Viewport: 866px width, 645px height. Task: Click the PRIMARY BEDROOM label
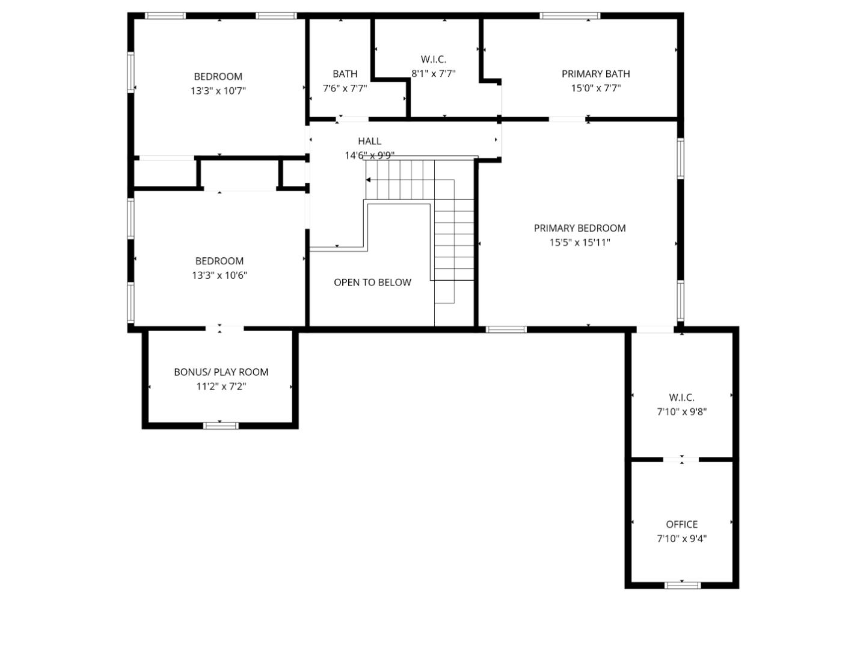[x=579, y=228]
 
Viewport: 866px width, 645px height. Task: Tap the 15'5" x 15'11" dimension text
[x=579, y=243]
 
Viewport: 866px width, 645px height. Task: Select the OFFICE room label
[x=681, y=524]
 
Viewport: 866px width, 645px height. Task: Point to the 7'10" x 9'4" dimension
[x=681, y=539]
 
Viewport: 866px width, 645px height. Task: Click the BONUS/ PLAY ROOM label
[x=221, y=372]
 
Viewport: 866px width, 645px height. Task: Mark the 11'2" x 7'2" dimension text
[x=221, y=387]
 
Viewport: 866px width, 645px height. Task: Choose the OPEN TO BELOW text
[x=372, y=283]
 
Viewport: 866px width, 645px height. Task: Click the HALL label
[x=369, y=141]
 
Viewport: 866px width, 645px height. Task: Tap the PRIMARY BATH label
[x=595, y=74]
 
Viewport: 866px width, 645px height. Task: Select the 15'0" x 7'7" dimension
[x=595, y=88]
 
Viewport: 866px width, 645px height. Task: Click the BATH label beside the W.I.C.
[x=345, y=74]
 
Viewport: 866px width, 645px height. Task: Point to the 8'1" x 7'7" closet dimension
[x=433, y=74]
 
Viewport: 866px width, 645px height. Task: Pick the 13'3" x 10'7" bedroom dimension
[x=218, y=91]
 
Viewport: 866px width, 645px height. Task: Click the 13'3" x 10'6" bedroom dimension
[x=220, y=275]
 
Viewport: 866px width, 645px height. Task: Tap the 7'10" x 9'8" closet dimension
[x=681, y=412]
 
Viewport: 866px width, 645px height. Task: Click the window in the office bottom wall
[x=682, y=585]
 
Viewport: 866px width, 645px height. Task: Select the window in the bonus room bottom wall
[x=221, y=426]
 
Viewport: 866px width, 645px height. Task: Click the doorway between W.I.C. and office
[x=681, y=460]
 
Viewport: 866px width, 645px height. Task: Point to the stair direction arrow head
[x=368, y=180]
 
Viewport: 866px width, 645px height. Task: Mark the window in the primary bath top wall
[x=570, y=16]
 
